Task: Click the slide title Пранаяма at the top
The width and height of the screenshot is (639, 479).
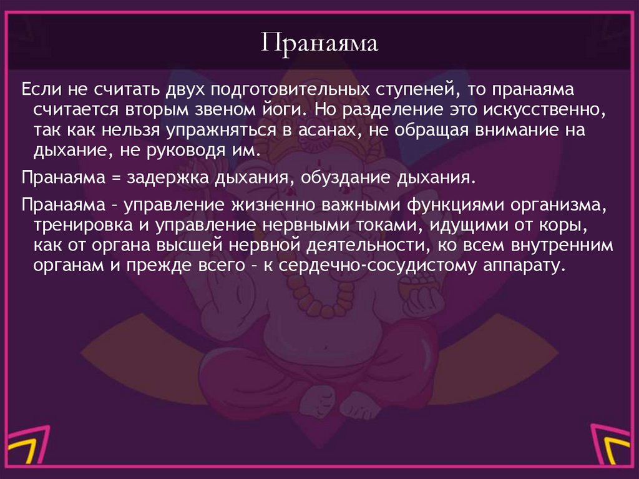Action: tap(319, 46)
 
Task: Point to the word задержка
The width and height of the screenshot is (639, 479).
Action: tap(166, 178)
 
